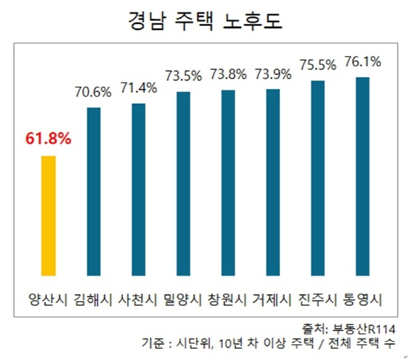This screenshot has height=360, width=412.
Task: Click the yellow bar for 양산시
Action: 49,216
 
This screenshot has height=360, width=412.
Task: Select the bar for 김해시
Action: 93,192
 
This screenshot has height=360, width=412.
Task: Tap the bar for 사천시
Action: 138,189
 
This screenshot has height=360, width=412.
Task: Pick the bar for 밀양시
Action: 183,183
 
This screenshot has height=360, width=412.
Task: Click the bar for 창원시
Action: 228,182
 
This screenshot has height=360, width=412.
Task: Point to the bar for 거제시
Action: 273,182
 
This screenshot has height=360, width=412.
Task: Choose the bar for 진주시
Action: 318,178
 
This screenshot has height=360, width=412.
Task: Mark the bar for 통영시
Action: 363,176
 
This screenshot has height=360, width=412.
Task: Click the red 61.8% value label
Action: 49,138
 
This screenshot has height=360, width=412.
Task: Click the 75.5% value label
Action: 318,65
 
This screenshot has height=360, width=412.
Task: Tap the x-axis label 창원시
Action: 228,300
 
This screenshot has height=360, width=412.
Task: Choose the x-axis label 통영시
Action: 363,300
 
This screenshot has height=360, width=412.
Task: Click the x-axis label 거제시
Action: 273,300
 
